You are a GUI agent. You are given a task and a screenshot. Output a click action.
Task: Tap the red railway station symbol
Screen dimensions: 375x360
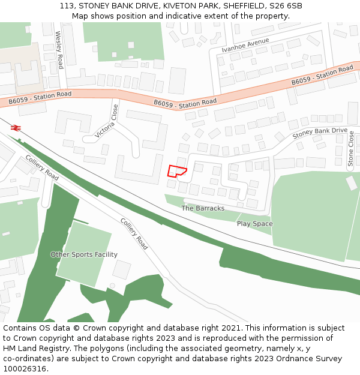pyautogui.click(x=16, y=127)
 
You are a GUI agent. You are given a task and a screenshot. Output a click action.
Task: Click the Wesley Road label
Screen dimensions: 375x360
pyautogui.click(x=59, y=50)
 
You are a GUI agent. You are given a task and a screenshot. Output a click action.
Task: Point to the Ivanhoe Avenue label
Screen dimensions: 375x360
pyautogui.click(x=245, y=45)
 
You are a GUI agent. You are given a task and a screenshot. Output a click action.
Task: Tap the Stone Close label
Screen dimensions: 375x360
pyautogui.click(x=351, y=149)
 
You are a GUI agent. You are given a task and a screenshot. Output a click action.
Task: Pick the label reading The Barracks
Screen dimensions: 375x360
pyautogui.click(x=203, y=208)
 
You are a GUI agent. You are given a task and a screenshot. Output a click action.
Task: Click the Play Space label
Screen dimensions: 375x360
pyautogui.click(x=254, y=224)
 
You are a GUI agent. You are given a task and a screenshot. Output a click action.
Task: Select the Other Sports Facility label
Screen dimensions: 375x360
pyautogui.click(x=84, y=254)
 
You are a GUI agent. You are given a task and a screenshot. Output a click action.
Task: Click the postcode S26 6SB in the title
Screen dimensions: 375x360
pyautogui.click(x=286, y=6)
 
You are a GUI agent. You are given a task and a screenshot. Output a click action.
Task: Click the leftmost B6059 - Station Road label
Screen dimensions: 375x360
pyautogui.click(x=40, y=98)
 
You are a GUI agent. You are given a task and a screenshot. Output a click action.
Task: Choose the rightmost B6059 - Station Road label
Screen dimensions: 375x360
pyautogui.click(x=323, y=76)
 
